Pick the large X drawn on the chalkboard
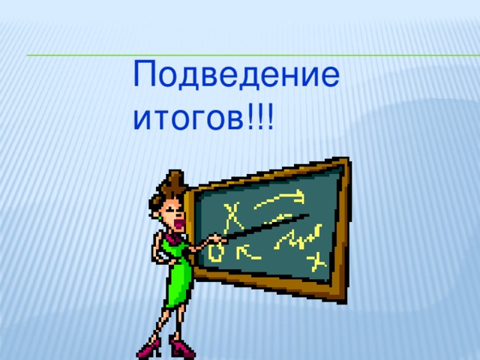coord(235,217)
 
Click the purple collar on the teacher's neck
coord(173,239)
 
